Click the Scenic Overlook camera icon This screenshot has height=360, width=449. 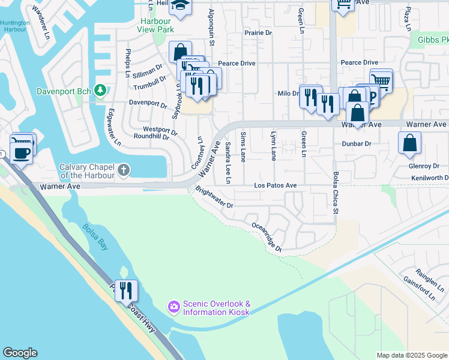point(174,307)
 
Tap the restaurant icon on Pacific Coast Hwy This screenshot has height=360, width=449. point(126,291)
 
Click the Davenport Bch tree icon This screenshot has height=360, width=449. point(101,91)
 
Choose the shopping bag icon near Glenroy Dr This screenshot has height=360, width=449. point(410,143)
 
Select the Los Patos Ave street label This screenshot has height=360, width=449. point(275,186)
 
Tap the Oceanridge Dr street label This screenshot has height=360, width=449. point(266,236)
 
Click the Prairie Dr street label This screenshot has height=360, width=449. point(258,33)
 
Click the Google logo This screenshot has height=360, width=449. point(20,353)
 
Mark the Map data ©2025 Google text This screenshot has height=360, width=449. point(411,355)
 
